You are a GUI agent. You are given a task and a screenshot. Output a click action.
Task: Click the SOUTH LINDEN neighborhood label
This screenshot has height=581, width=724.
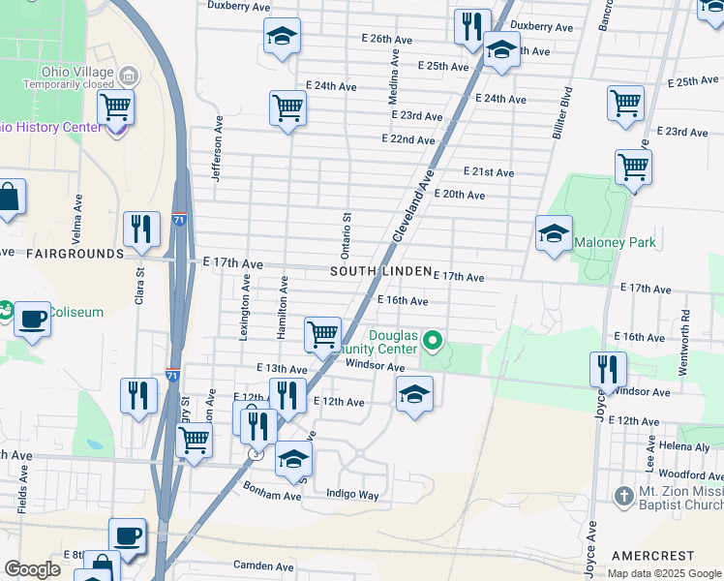click(379, 272)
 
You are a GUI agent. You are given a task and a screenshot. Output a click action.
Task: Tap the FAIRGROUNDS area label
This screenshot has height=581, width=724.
click(75, 254)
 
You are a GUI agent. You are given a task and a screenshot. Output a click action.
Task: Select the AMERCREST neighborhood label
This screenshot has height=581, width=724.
click(652, 556)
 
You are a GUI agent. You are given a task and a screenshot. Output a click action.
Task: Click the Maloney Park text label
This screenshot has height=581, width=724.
click(615, 242)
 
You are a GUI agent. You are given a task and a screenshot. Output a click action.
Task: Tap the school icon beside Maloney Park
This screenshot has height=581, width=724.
click(554, 233)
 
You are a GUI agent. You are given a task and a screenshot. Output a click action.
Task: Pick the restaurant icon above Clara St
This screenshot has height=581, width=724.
click(141, 229)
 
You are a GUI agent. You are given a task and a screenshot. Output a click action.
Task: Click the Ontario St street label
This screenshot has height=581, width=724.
click(345, 233)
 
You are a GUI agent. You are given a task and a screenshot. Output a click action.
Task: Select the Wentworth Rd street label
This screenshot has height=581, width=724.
click(685, 330)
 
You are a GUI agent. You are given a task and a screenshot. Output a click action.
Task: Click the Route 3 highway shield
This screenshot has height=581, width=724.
click(255, 452)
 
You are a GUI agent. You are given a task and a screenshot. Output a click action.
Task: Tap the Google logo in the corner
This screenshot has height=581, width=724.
click(32, 569)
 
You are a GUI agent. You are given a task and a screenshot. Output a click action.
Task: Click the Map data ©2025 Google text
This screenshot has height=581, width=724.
click(664, 573)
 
